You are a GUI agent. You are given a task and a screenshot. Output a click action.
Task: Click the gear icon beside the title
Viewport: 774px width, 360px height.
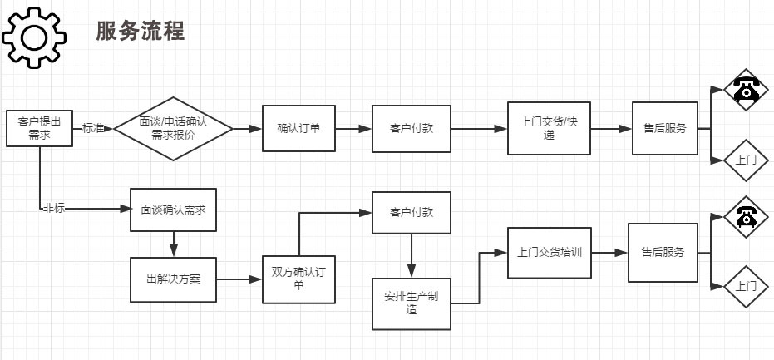coord(34,37)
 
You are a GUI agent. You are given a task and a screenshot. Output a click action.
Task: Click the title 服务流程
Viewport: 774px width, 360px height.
coord(140,32)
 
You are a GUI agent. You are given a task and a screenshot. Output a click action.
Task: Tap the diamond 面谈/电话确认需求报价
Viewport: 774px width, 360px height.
coord(173,129)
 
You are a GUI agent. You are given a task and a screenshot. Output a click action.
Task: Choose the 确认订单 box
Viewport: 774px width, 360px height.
coord(298,129)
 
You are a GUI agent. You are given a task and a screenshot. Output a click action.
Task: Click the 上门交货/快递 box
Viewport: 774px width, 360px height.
coord(550,129)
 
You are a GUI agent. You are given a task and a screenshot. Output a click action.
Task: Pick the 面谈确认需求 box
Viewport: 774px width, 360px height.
coord(173,210)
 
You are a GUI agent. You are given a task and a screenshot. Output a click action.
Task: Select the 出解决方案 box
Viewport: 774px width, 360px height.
coord(173,279)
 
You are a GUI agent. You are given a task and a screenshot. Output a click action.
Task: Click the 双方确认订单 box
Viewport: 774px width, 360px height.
coord(298,279)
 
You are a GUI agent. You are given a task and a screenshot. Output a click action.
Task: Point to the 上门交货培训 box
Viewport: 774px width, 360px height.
coord(550,251)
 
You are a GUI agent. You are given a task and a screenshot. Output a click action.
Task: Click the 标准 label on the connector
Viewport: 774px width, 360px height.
coord(93,129)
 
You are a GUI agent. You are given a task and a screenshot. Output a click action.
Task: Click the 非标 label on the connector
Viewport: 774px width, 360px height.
coord(53,208)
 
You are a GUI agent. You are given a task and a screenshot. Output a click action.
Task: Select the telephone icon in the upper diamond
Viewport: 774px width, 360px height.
coord(747,89)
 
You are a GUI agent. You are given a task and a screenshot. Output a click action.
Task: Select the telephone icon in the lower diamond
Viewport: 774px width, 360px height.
coord(747,216)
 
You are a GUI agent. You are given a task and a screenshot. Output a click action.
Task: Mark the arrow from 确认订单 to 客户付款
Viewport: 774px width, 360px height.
coord(353,129)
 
